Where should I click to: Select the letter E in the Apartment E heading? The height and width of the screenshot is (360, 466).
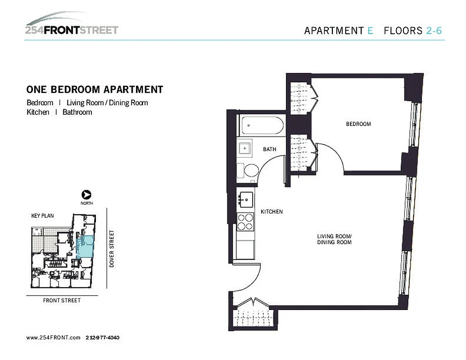370,31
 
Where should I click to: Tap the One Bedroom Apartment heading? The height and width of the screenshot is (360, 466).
95,90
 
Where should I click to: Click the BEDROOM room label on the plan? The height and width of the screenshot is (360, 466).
358,124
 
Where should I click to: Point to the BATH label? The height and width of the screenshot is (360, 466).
270,149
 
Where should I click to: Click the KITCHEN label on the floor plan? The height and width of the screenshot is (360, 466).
271,211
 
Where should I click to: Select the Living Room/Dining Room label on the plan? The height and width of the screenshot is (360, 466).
334,239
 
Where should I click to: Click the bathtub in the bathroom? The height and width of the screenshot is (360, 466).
261,126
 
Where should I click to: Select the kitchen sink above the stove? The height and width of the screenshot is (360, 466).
245,198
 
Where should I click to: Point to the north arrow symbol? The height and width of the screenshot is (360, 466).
86,195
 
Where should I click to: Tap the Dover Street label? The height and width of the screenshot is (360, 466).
112,249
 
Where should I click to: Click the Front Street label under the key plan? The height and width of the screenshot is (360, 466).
62,300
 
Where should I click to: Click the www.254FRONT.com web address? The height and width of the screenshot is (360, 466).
53,337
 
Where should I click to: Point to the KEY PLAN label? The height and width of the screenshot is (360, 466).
42,216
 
